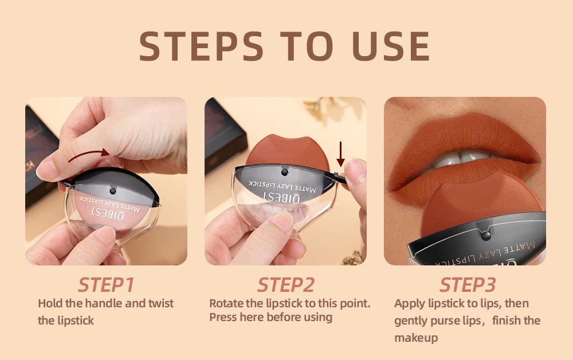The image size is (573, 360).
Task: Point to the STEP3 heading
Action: click(x=467, y=284)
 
